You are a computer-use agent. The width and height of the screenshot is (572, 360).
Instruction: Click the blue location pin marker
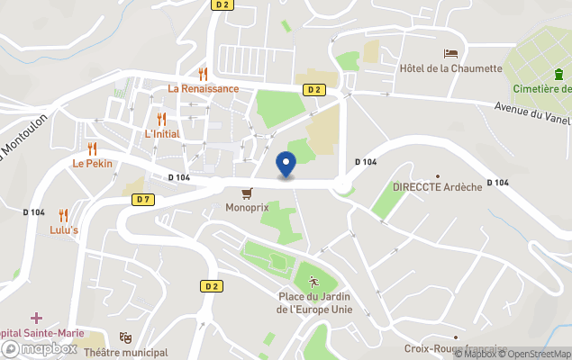coord(286,164)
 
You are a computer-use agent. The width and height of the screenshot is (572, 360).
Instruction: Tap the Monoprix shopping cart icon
coord(246,193)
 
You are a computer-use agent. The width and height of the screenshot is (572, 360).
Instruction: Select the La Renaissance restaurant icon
coord(204,74)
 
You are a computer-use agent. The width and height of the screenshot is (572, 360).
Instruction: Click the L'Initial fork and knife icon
coord(162,119)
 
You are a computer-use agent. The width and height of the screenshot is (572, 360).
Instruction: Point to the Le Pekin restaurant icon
coord(92,148)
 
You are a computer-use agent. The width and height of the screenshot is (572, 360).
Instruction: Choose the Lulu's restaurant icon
coord(63,214)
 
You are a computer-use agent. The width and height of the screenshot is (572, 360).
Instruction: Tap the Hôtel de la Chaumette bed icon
coord(450,53)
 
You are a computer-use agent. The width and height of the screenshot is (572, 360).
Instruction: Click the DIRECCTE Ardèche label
coord(438,187)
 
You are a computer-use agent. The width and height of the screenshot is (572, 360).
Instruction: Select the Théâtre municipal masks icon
coord(126,337)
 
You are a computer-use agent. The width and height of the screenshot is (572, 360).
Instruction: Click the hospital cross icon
coord(36,318)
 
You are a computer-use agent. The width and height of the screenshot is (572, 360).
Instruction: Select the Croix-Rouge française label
coord(468,349)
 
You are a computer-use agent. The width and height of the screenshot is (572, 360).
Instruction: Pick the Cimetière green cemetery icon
coord(543,75)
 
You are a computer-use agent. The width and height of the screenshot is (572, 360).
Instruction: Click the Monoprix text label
coord(247,208)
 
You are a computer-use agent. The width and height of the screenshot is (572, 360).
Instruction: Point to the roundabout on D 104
coord(343,185)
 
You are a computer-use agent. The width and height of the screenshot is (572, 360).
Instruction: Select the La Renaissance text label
coord(204,88)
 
